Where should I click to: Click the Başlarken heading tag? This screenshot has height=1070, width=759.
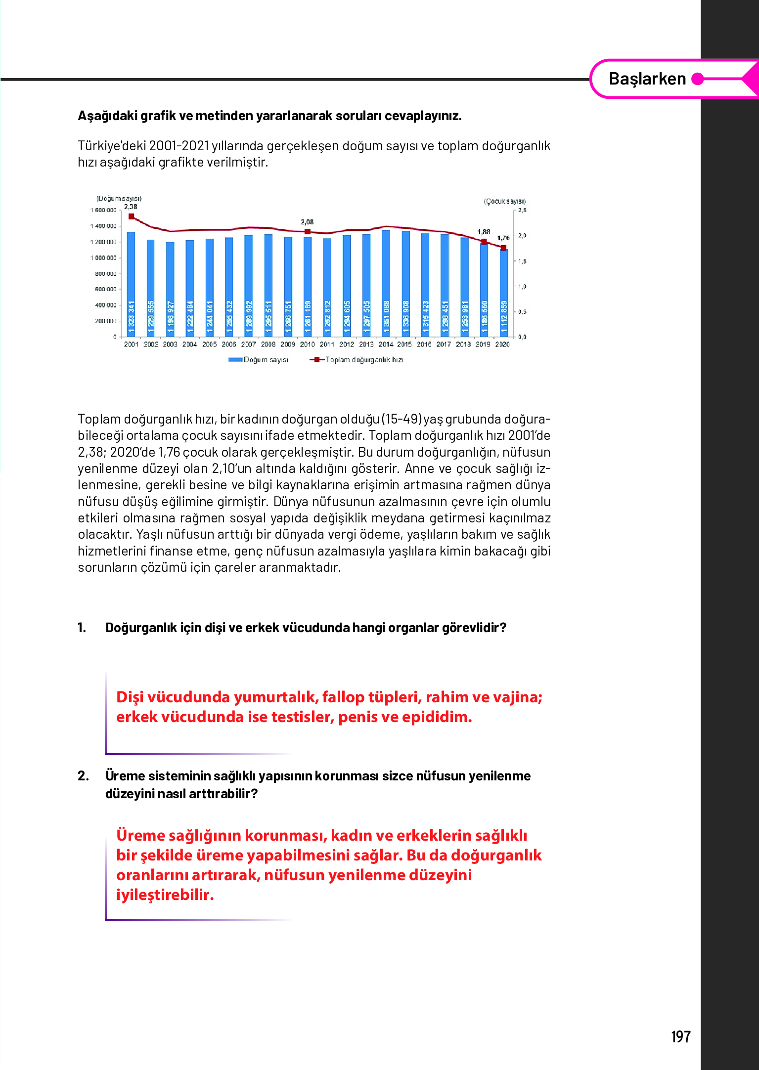click(x=647, y=79)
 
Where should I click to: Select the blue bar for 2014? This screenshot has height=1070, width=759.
click(x=386, y=282)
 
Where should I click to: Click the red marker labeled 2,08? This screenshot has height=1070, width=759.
click(x=308, y=231)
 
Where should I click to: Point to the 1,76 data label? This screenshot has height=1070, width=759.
click(x=503, y=238)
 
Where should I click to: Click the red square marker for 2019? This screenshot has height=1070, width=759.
click(x=484, y=242)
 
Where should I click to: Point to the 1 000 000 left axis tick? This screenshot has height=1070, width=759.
click(x=104, y=258)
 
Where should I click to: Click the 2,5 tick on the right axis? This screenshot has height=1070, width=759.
click(x=522, y=211)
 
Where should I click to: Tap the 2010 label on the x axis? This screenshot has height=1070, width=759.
click(x=307, y=344)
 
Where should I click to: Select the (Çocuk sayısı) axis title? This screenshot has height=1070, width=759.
click(x=505, y=201)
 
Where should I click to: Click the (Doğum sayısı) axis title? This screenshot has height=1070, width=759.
click(x=119, y=198)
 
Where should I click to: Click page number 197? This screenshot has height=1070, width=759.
click(x=680, y=1036)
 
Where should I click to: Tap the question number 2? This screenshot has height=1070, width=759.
click(x=83, y=776)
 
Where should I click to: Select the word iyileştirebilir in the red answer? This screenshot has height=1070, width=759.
click(x=165, y=895)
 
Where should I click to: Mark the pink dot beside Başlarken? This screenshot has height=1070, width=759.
click(x=697, y=79)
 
